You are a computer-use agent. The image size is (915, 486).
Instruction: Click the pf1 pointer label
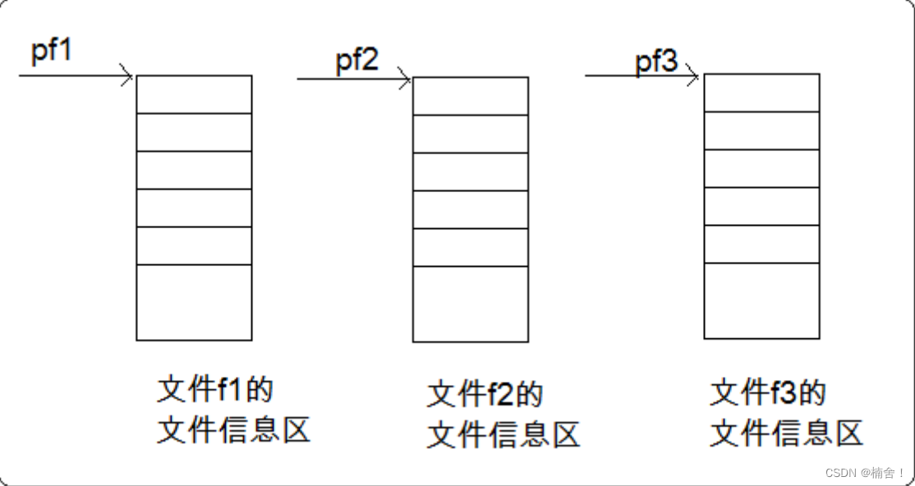tap(52, 50)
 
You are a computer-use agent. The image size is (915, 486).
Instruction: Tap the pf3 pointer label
tap(656, 62)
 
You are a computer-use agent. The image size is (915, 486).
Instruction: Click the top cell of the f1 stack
tap(195, 94)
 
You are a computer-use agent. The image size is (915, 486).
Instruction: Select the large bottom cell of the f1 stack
tap(195, 302)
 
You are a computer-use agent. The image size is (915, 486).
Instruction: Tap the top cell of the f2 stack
tap(471, 96)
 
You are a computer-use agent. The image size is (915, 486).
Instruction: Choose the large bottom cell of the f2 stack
tap(471, 304)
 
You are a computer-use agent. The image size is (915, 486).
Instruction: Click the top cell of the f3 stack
tap(762, 93)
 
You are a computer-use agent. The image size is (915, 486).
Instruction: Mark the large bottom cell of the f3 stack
tap(762, 300)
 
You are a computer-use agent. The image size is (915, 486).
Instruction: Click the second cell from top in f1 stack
tap(195, 132)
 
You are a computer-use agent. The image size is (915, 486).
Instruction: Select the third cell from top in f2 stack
tap(471, 172)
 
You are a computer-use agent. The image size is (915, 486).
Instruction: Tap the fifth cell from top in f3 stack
tap(762, 244)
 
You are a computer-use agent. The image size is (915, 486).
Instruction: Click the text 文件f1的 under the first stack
tap(215, 389)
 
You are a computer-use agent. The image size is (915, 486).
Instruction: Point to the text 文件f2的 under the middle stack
tap(485, 394)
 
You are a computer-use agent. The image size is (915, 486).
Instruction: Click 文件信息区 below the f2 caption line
tap(503, 435)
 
